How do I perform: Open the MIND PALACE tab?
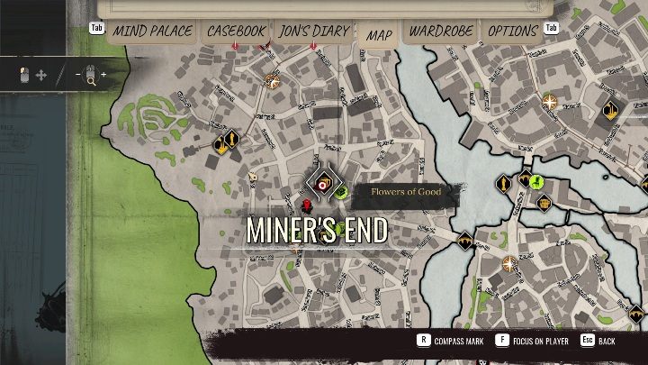(x=152, y=32)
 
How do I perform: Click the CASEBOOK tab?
(x=236, y=32)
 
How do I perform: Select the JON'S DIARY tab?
(x=314, y=32)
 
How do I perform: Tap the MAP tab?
(x=379, y=34)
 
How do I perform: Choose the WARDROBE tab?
(x=441, y=32)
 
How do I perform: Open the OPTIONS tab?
(x=512, y=32)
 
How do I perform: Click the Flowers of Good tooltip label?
(x=404, y=192)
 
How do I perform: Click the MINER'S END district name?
(x=317, y=231)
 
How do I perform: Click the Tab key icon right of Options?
(x=552, y=28)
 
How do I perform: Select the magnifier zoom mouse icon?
(x=91, y=75)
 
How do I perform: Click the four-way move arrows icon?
(x=40, y=75)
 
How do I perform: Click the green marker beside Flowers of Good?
(x=341, y=191)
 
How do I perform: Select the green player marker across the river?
(x=535, y=181)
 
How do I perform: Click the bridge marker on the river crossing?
(x=465, y=241)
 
